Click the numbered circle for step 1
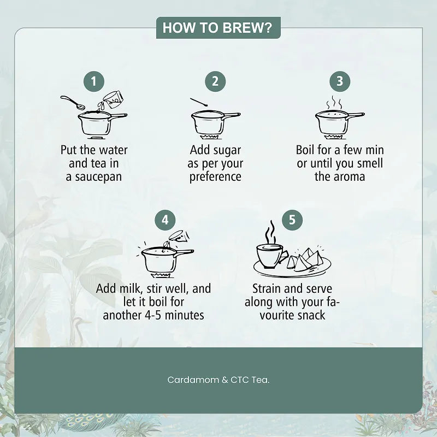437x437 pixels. (94, 81)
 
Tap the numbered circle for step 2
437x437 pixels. (215, 81)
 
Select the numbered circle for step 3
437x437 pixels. (340, 81)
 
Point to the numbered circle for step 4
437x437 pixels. (166, 220)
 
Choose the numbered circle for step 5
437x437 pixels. (292, 220)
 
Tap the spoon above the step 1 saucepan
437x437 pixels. (73, 102)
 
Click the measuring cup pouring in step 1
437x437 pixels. (111, 100)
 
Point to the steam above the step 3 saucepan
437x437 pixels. (334, 103)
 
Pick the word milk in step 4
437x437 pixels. (131, 288)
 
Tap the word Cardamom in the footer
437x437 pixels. (193, 380)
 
